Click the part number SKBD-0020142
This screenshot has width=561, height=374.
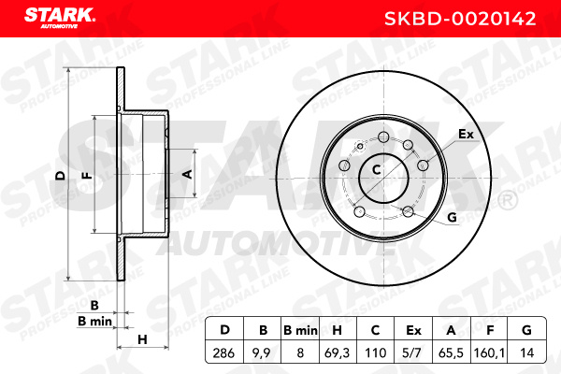(x=460, y=19)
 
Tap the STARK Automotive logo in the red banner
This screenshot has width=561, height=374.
(x=60, y=18)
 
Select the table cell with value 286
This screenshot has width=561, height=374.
(x=223, y=352)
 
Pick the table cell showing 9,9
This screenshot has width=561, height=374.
(x=262, y=352)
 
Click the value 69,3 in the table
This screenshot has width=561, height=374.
(x=337, y=352)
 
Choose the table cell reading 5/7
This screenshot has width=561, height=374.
(x=411, y=352)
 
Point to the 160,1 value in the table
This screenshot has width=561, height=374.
(x=489, y=352)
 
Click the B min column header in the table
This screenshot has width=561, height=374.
(x=300, y=330)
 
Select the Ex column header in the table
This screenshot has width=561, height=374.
(x=413, y=330)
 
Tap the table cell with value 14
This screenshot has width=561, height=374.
(x=526, y=352)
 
